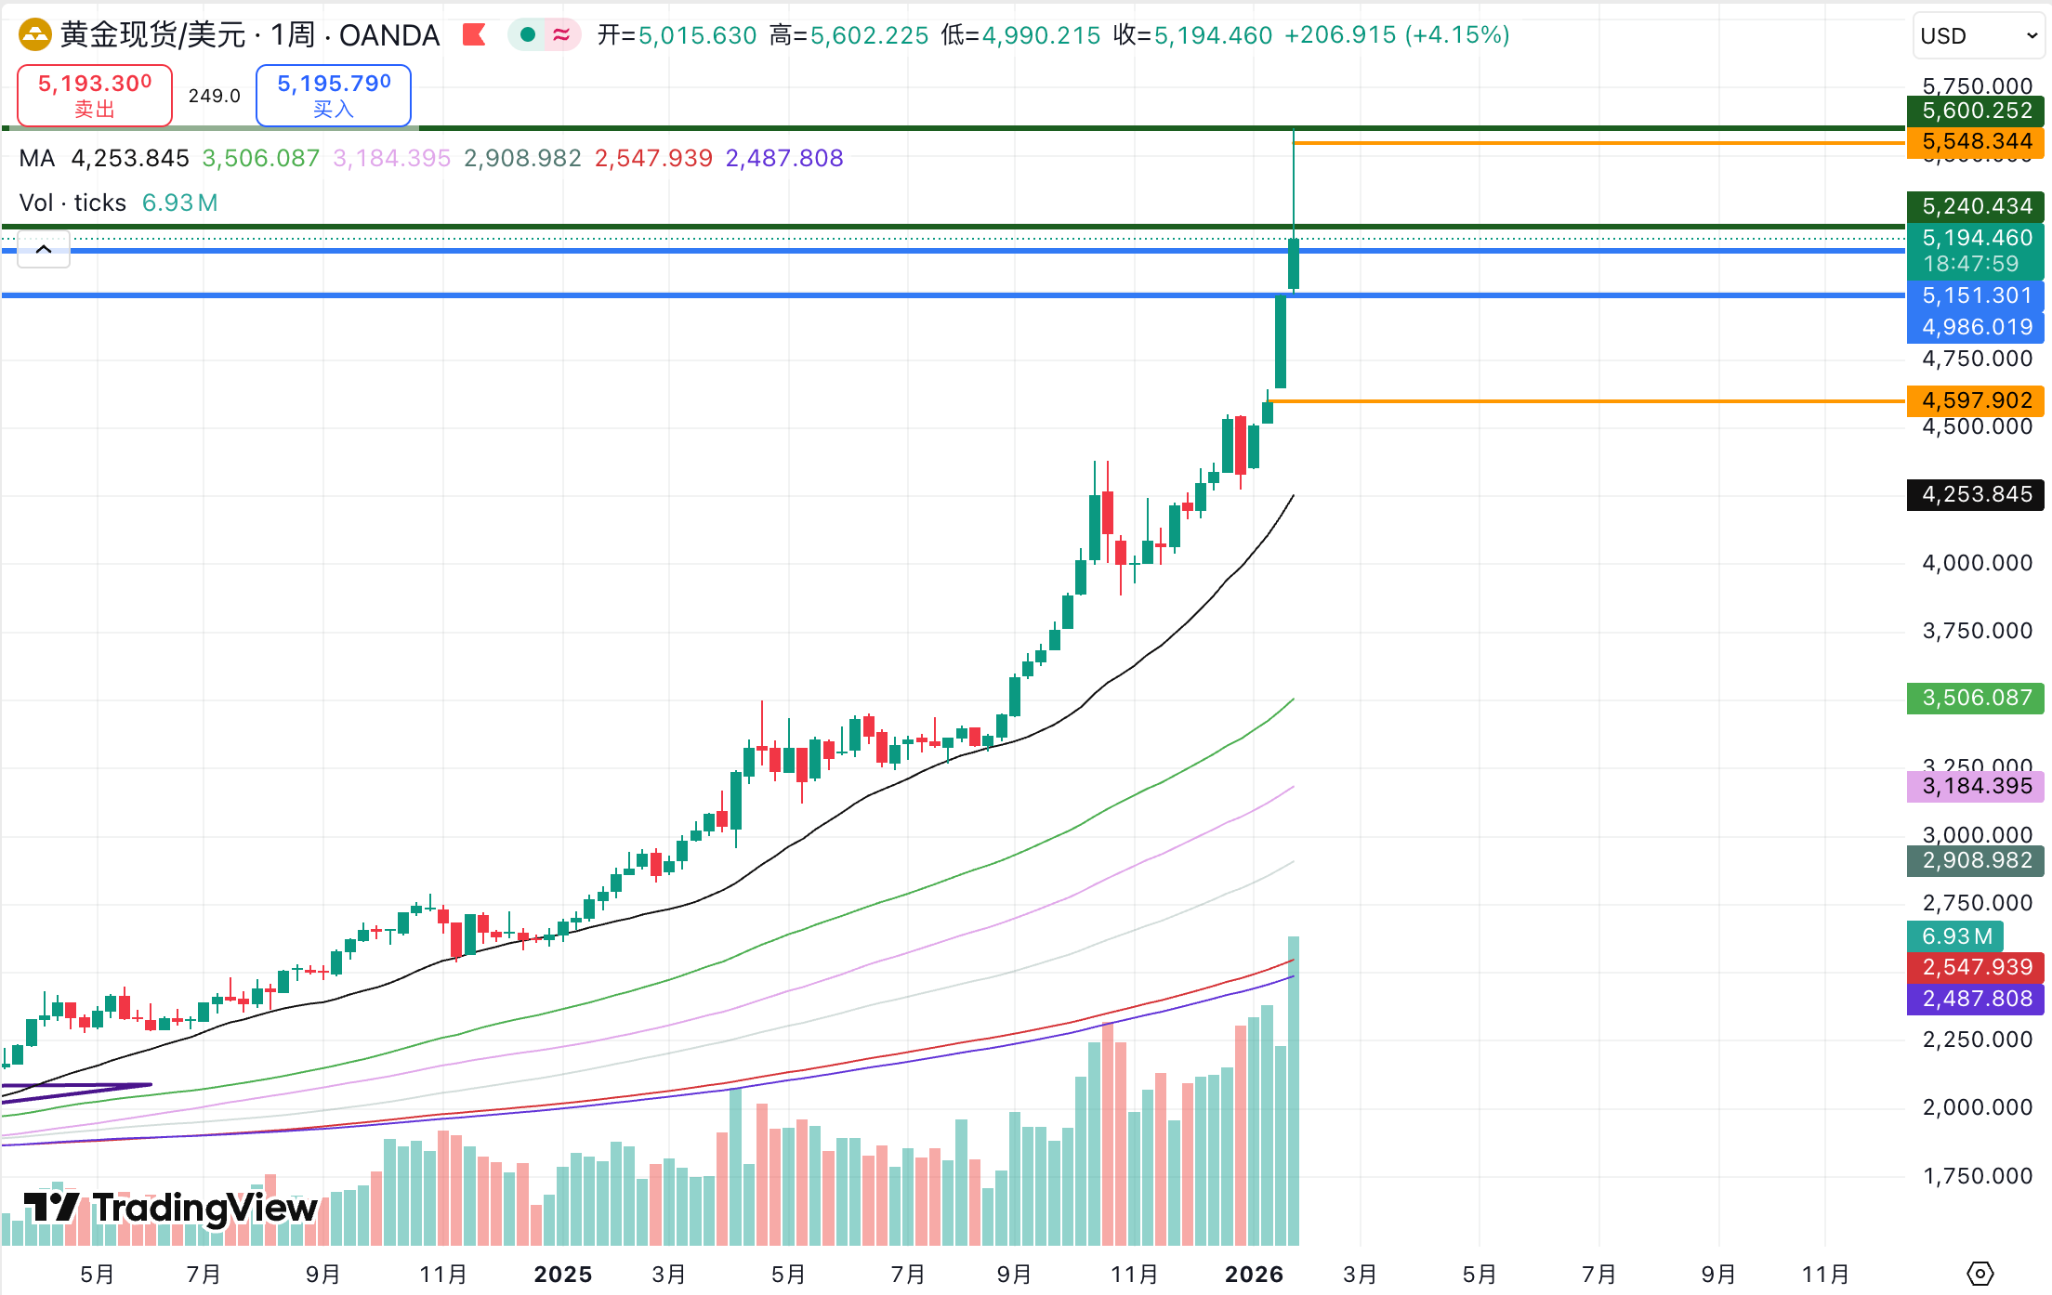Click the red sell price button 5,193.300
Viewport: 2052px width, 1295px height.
[95, 95]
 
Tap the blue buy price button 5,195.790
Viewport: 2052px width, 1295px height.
[333, 95]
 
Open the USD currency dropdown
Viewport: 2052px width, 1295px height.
[1978, 36]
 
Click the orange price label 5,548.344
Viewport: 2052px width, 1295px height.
[1976, 142]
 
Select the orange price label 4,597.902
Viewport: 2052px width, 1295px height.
[1976, 400]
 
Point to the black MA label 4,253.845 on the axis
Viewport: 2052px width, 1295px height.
[1976, 494]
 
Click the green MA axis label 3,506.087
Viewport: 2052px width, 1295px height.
[1976, 698]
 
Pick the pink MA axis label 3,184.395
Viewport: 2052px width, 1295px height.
[1976, 786]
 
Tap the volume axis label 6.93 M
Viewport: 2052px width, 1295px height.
[1955, 936]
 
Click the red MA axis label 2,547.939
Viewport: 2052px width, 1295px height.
[1976, 967]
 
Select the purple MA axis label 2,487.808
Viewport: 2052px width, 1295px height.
[1976, 999]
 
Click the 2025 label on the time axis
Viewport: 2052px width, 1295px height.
[562, 1274]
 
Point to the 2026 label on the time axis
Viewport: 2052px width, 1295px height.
[1254, 1274]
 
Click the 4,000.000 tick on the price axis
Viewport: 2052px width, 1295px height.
[1976, 563]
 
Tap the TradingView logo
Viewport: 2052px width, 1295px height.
[171, 1208]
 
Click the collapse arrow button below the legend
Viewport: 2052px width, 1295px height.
[44, 250]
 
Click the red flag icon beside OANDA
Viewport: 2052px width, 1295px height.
[474, 35]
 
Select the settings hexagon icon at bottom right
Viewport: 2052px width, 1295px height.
[1980, 1273]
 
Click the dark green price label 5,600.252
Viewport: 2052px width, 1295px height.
[1976, 111]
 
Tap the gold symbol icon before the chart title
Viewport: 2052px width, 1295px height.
[35, 35]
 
